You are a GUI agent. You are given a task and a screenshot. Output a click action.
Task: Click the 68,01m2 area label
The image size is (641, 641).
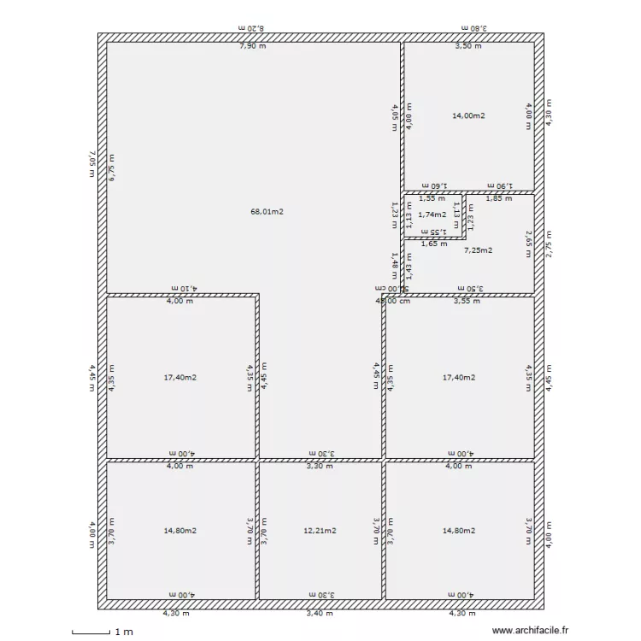click(x=267, y=211)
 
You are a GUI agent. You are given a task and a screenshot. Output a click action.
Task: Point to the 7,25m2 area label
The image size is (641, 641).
click(x=478, y=250)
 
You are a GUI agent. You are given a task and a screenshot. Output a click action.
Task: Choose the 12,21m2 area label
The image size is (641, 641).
click(x=320, y=531)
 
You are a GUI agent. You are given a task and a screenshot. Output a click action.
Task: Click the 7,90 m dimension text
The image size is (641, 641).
click(x=252, y=46)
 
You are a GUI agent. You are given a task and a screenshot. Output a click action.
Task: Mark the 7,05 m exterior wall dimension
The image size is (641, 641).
click(x=91, y=163)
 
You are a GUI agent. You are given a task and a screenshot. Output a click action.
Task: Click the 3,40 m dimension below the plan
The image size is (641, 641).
click(x=320, y=612)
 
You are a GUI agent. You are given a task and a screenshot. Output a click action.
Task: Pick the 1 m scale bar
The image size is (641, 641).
click(x=102, y=632)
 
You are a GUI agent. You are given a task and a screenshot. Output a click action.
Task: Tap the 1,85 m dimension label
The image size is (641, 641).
click(x=499, y=198)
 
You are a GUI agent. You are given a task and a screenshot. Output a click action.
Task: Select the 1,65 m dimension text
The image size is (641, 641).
click(x=434, y=244)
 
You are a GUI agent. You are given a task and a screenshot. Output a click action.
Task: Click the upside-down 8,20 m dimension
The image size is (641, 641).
click(x=252, y=28)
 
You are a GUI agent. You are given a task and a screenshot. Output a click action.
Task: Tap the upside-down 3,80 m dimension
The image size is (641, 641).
click(x=473, y=28)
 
